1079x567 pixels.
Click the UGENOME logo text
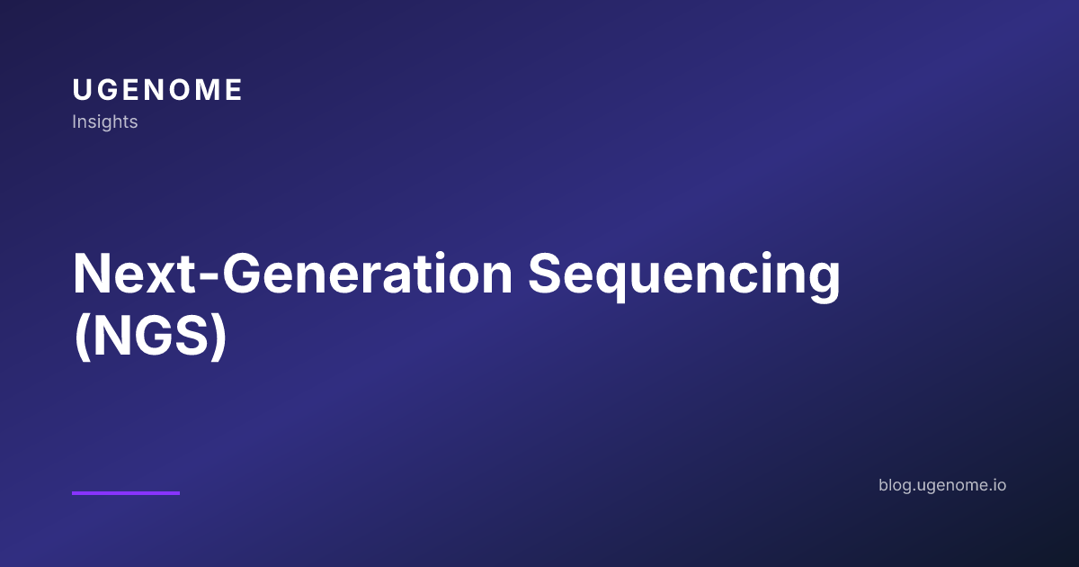tap(157, 90)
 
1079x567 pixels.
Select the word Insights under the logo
tap(104, 121)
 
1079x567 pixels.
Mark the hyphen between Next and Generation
tap(209, 279)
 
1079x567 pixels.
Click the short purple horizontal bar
tap(126, 492)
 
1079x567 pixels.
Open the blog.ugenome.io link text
tap(942, 485)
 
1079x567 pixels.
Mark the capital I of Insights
tap(74, 121)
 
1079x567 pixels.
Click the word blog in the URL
tap(894, 485)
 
